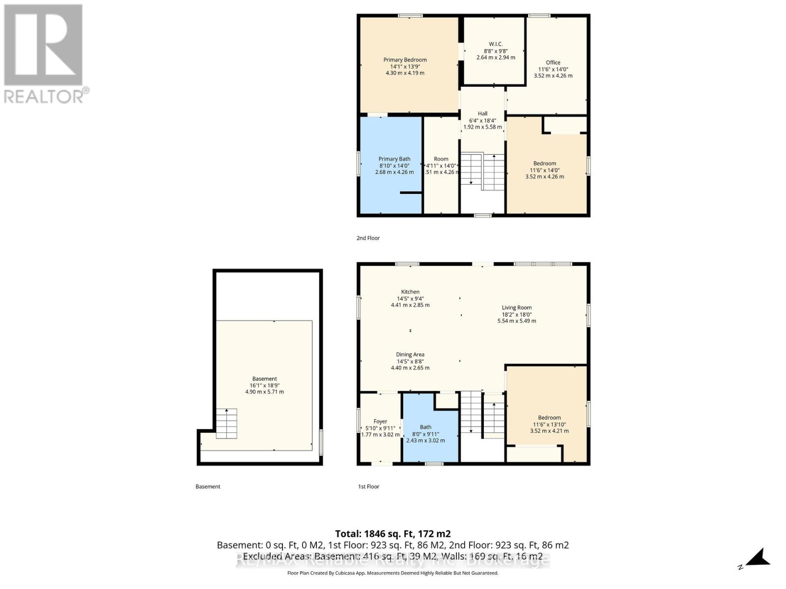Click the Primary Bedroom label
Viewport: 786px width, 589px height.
pyautogui.click(x=405, y=60)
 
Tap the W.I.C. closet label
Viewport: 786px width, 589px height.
pyautogui.click(x=496, y=44)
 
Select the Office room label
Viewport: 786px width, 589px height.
pyautogui.click(x=553, y=62)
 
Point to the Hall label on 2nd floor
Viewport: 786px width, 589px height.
pyautogui.click(x=482, y=113)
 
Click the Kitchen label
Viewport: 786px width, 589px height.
pyautogui.click(x=410, y=292)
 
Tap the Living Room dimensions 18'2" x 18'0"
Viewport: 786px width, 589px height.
pyautogui.click(x=516, y=315)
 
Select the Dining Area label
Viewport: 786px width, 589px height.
pyautogui.click(x=410, y=354)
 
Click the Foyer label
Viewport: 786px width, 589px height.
pyautogui.click(x=380, y=421)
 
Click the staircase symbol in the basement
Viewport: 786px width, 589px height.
pyautogui.click(x=226, y=424)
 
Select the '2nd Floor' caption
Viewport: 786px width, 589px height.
pyautogui.click(x=368, y=238)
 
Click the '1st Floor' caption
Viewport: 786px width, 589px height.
pyautogui.click(x=368, y=486)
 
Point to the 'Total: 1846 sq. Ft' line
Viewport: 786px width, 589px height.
pyautogui.click(x=393, y=534)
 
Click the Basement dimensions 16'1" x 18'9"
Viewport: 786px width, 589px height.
pyautogui.click(x=264, y=385)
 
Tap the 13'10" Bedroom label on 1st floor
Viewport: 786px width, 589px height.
pyautogui.click(x=549, y=418)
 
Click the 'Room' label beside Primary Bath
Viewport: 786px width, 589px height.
pyautogui.click(x=441, y=159)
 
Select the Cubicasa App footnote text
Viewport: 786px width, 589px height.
pyautogui.click(x=393, y=573)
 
